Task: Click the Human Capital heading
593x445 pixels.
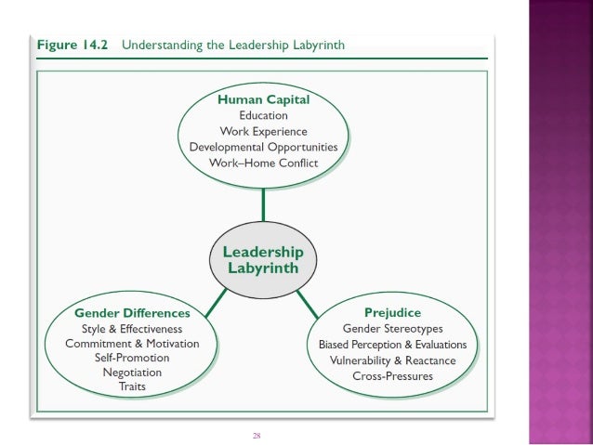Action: (x=263, y=99)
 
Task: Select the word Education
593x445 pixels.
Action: (x=263, y=115)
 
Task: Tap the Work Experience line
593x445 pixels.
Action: (x=263, y=131)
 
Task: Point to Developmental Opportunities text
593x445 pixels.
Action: (x=264, y=147)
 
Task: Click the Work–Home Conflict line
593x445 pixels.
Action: (x=264, y=163)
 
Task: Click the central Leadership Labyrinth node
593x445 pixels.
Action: (x=264, y=259)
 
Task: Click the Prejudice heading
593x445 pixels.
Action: (x=392, y=313)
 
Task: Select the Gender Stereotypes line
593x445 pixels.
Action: (x=392, y=329)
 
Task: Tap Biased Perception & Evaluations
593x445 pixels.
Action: (x=392, y=345)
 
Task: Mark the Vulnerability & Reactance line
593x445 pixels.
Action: (x=392, y=360)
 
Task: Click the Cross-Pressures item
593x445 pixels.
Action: (x=392, y=376)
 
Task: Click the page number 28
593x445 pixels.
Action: (x=257, y=433)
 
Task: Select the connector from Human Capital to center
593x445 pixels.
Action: (x=264, y=207)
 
